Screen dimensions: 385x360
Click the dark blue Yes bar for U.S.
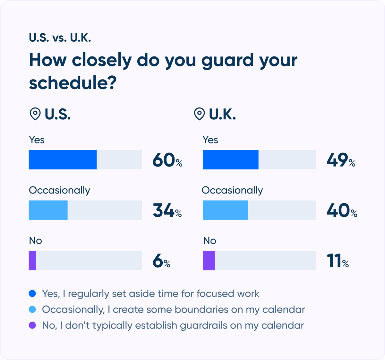[63, 160]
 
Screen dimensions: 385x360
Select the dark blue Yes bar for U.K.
[230, 160]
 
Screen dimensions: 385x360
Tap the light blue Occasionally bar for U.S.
[48, 210]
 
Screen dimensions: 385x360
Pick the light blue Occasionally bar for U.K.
[226, 210]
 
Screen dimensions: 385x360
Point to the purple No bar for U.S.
[32, 261]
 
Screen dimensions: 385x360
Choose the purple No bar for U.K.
[209, 261]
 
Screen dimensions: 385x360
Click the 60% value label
[167, 160]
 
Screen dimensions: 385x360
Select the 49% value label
[341, 160]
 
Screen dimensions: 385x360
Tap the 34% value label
[167, 210]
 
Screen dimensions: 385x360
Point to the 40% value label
[342, 210]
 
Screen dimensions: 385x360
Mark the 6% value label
[161, 261]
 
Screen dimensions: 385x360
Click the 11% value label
[338, 261]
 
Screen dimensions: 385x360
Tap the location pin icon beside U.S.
[35, 114]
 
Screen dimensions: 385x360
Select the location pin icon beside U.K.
[199, 114]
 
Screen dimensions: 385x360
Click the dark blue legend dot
[32, 294]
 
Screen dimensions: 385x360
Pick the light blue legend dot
[32, 309]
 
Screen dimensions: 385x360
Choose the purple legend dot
[32, 325]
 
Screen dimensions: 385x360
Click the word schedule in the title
[73, 83]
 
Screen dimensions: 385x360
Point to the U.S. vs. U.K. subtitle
[60, 38]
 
